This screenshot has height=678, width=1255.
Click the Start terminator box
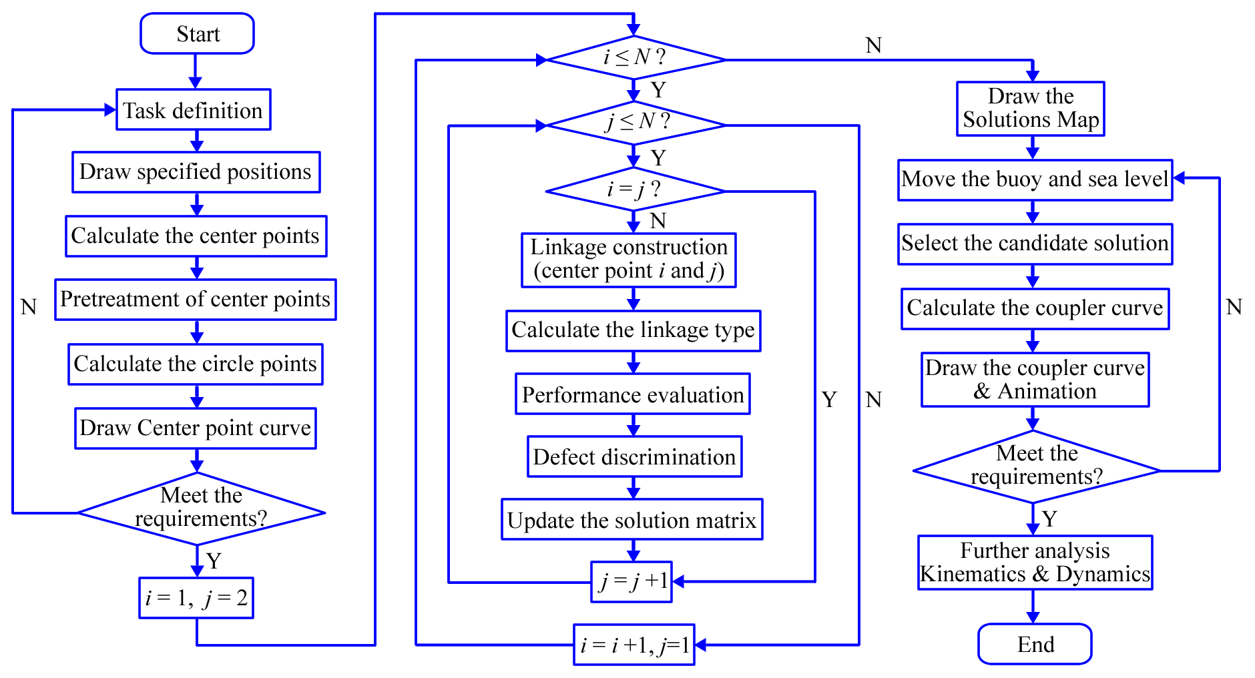[197, 33]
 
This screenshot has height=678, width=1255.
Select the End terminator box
[1035, 644]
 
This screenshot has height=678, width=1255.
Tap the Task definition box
[194, 109]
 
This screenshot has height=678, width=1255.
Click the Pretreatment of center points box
[196, 300]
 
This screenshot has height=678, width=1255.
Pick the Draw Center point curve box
[196, 428]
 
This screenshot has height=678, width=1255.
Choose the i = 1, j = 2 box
[196, 598]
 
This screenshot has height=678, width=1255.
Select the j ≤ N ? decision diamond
[635, 123]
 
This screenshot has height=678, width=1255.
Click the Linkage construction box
[629, 260]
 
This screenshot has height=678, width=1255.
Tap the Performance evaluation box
[633, 394]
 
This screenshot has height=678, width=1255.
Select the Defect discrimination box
[635, 456]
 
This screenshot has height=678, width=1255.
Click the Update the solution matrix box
[632, 519]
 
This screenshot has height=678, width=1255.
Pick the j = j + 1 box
[632, 582]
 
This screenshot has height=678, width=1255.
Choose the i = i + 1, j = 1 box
[634, 645]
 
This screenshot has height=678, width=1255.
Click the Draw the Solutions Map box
[1031, 109]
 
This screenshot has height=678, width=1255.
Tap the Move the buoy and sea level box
[1035, 180]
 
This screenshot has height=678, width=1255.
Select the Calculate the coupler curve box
[1035, 308]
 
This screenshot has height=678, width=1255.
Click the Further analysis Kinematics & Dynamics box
[1035, 563]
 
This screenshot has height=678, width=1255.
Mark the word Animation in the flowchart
[1047, 392]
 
